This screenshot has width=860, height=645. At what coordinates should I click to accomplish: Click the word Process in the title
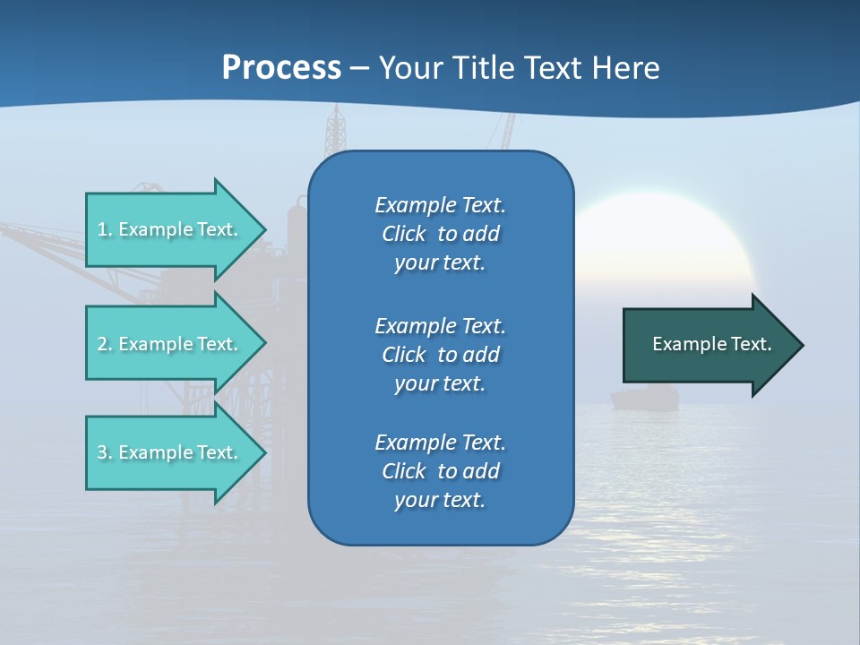tap(281, 68)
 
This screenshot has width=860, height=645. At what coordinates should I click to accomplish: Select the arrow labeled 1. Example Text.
tap(170, 229)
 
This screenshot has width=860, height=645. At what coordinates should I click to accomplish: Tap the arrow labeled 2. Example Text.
tap(170, 344)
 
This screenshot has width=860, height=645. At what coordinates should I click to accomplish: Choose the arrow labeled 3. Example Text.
tap(170, 452)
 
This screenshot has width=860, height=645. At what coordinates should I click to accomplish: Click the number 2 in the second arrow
tap(101, 344)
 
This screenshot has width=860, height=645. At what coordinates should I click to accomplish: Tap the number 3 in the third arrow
tap(101, 452)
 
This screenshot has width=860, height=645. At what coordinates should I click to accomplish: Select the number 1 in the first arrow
tap(101, 229)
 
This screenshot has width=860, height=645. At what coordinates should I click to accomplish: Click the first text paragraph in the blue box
tap(440, 234)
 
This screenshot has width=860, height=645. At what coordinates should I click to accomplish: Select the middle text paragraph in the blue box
tap(440, 355)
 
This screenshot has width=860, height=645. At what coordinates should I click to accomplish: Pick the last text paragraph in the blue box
tap(440, 471)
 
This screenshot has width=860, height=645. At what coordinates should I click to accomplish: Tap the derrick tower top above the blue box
tap(336, 125)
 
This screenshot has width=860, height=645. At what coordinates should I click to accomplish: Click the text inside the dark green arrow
tap(711, 344)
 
